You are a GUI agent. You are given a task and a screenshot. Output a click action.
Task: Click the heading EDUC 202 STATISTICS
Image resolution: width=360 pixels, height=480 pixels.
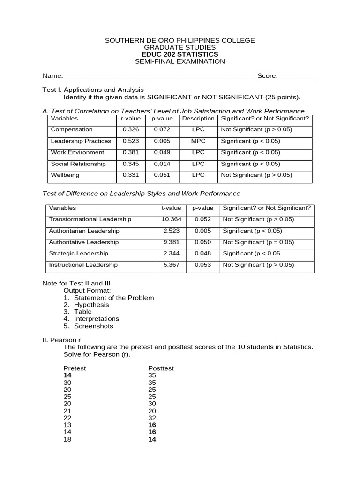pyautogui.click(x=180, y=54)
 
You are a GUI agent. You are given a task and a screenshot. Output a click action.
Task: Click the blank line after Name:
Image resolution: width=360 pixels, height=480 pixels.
pyautogui.click(x=160, y=76)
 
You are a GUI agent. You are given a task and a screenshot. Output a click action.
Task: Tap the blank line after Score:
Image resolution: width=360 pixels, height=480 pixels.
pyautogui.click(x=297, y=76)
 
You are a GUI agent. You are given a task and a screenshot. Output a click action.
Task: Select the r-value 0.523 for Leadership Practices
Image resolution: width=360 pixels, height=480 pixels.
pyautogui.click(x=131, y=141)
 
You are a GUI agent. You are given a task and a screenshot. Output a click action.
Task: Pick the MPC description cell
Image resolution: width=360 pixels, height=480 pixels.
pyautogui.click(x=198, y=141)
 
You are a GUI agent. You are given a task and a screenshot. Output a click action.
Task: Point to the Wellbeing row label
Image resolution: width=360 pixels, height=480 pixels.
pyautogui.click(x=65, y=175)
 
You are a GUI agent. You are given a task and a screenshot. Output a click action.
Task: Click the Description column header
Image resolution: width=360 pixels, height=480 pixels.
pyautogui.click(x=198, y=119)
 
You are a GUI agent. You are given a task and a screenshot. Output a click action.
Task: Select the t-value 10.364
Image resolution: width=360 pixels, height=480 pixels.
pyautogui.click(x=171, y=219)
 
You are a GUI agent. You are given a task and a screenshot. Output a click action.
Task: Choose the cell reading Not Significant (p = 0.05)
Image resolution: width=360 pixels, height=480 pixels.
pyautogui.click(x=258, y=242)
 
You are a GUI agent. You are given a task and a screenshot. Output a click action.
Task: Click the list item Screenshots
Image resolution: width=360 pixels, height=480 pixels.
pyautogui.click(x=94, y=326)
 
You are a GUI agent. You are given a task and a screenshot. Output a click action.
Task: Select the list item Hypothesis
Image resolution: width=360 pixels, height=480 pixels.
pyautogui.click(x=91, y=305)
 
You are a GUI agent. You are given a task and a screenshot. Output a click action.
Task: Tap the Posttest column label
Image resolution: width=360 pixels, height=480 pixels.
pyautogui.click(x=161, y=368)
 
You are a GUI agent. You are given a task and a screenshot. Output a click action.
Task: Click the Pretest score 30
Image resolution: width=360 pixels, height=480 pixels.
pyautogui.click(x=67, y=382)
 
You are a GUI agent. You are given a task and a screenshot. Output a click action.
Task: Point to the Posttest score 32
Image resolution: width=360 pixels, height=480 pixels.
pyautogui.click(x=152, y=418)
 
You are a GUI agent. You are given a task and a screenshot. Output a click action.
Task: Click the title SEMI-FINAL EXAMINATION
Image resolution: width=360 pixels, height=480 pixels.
pyautogui.click(x=180, y=61)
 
